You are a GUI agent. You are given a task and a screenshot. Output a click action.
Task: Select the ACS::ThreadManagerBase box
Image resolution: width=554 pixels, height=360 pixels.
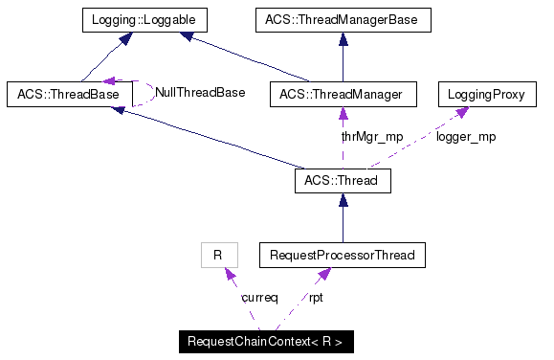coord(343,18)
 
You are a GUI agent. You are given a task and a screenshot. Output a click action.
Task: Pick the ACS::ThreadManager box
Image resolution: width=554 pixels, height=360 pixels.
coord(343,94)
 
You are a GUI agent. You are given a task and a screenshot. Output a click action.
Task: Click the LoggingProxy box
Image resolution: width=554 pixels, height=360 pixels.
coord(483,94)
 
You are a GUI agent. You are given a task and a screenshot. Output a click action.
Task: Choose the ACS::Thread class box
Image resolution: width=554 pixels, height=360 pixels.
coord(343,180)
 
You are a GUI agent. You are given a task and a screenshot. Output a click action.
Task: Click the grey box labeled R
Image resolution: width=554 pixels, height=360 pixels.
coord(218,256)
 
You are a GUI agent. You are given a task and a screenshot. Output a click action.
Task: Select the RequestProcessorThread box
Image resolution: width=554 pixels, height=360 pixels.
coord(343,256)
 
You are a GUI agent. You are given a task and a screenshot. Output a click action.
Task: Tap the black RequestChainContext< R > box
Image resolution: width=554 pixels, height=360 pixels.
coord(266,342)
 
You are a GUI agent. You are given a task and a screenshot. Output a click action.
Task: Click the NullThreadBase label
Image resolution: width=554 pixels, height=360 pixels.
coord(200,93)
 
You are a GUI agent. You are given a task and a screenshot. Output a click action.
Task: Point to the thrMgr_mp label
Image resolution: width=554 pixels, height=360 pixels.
coord(372,137)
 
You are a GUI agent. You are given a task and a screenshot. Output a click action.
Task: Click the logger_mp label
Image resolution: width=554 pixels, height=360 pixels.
coord(466,137)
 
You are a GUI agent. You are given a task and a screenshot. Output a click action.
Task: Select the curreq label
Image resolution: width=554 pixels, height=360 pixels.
coord(259,298)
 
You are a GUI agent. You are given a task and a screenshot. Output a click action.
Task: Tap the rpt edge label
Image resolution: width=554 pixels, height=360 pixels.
coord(316,298)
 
